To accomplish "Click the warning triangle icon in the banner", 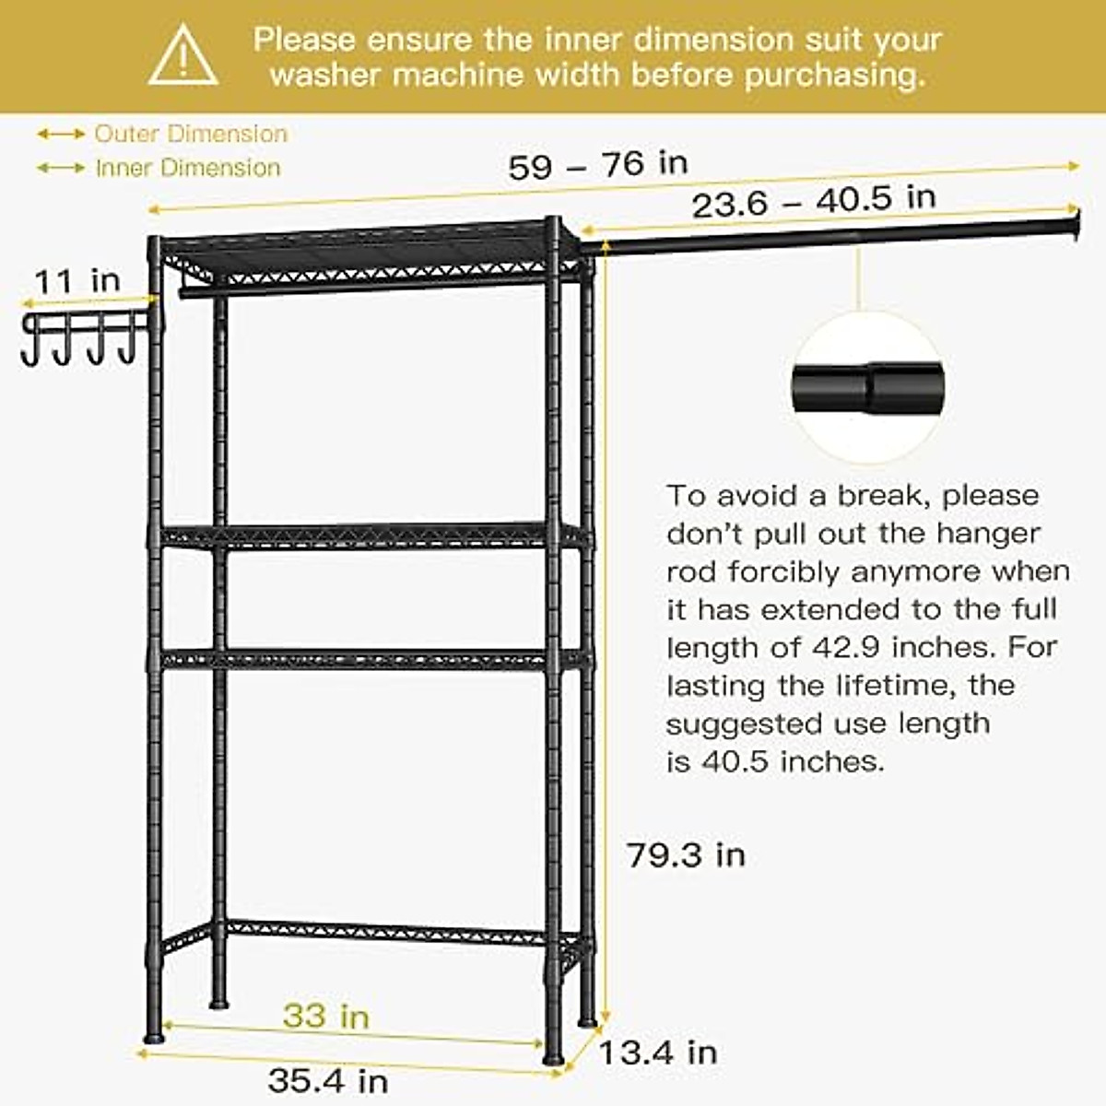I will pos(183,57).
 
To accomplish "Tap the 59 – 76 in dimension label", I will pos(597,165).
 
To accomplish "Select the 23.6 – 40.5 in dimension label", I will pos(813,200).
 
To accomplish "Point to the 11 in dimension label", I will pos(77,280).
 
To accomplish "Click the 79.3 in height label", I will pos(686,855).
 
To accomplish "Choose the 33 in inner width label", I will pos(325,1016).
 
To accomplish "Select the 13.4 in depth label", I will pos(657,1052).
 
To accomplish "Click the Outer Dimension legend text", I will pos(191,134).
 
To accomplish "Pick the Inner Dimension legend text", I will pos(188,168).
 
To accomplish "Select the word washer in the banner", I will pos(326,74).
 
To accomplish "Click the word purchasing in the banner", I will pos(834,74).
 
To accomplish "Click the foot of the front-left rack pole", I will pos(154,1034).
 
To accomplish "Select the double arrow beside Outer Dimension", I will pos(61,135).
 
